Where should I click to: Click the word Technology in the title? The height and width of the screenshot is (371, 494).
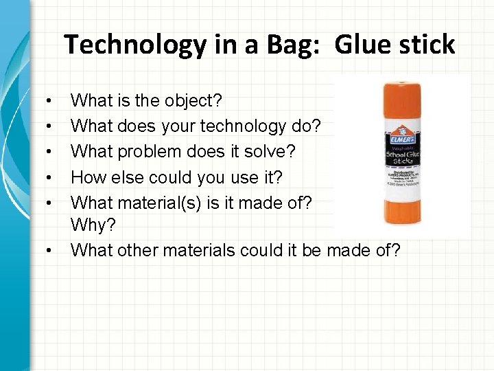point(134,45)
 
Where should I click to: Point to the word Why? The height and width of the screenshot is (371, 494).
point(91,226)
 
